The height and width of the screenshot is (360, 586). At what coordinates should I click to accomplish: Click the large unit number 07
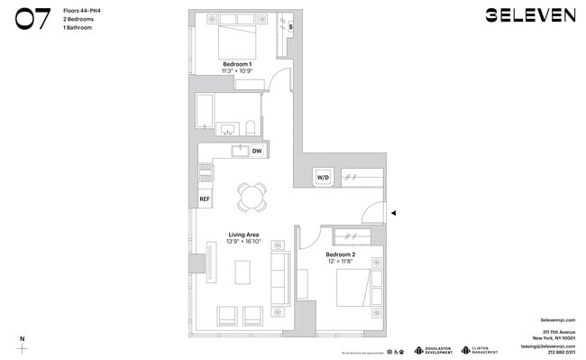32,20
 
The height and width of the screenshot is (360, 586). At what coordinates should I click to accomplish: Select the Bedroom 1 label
238,64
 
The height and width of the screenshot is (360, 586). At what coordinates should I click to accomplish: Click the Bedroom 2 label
341,255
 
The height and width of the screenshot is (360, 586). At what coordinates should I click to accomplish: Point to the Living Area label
244,235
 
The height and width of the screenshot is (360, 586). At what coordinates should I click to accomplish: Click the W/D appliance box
322,178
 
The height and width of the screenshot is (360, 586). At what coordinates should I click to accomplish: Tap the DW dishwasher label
257,151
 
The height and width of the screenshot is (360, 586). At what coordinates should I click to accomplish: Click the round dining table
252,195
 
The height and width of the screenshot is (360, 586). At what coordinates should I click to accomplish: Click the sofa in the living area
280,276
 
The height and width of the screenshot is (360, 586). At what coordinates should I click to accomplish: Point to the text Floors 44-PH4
81,10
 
